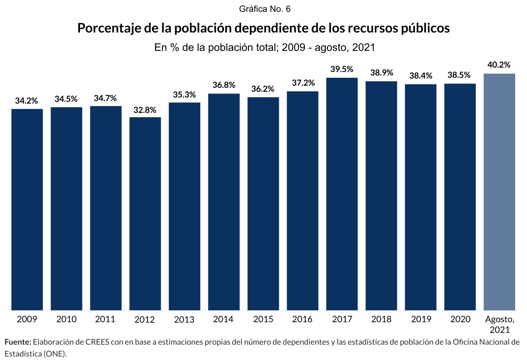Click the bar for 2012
tap(145, 214)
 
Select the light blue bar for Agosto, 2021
tap(499, 192)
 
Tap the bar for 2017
tap(342, 194)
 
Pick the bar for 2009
tap(27, 209)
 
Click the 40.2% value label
tap(499, 65)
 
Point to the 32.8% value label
tap(145, 110)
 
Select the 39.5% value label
tap(342, 69)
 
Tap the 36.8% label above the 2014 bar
tap(224, 85)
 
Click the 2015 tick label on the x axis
tap(263, 319)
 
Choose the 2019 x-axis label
tap(420, 319)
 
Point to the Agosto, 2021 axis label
tap(499, 324)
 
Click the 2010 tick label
tap(66, 319)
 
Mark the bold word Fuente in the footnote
tap(18, 342)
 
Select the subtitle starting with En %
tap(263, 47)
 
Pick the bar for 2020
tap(460, 197)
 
